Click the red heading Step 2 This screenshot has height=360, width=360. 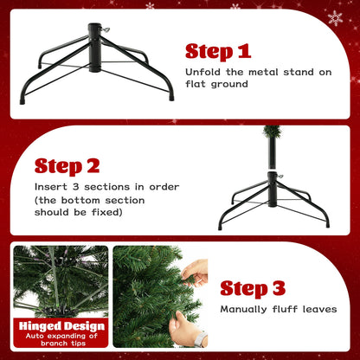(x=67, y=165)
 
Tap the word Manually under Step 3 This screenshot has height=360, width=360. (x=247, y=309)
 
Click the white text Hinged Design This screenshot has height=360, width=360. (x=61, y=326)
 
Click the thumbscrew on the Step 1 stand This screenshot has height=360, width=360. (x=105, y=31)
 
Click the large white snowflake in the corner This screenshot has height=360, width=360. (x=335, y=18)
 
